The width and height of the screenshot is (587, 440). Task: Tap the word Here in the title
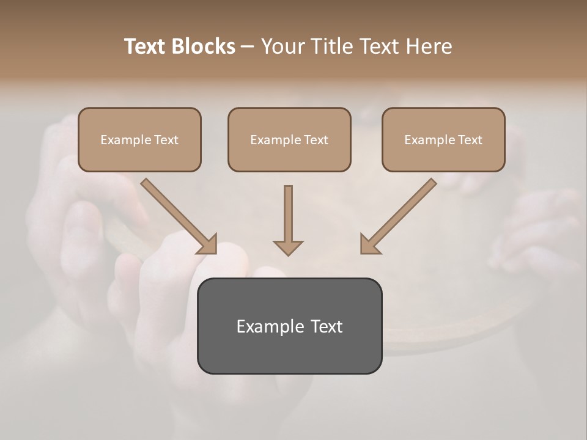pos(429,46)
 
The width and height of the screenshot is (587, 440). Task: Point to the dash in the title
pos(248,47)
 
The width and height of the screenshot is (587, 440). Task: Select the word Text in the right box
pos(470,140)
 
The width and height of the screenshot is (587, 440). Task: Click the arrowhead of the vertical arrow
pos(288,247)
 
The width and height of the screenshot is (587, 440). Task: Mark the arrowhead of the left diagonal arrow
pos(209,244)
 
